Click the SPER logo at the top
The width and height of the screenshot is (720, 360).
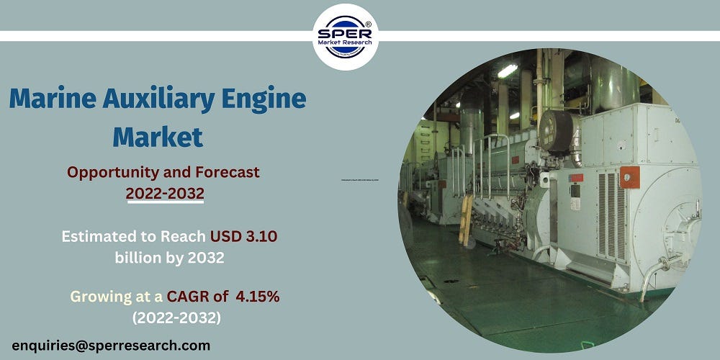(x=346, y=37)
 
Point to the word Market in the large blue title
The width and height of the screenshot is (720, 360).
(x=158, y=135)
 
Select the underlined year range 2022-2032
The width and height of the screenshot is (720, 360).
(x=165, y=193)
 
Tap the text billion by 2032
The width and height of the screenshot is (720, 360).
(x=169, y=257)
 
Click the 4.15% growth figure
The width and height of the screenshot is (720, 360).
(x=256, y=296)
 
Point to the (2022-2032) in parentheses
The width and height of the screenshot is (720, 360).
(x=176, y=317)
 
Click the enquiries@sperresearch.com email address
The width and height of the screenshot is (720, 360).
(x=111, y=346)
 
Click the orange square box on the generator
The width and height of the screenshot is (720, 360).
(x=630, y=176)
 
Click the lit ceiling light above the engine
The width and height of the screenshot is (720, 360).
(x=507, y=71)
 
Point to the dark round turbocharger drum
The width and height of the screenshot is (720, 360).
(x=556, y=132)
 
